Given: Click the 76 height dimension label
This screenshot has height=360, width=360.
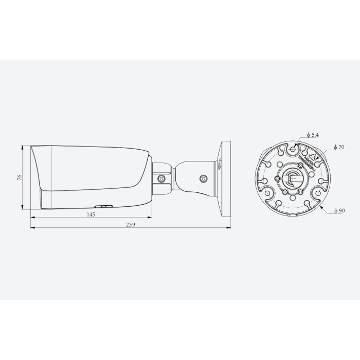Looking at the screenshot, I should [x=19, y=177].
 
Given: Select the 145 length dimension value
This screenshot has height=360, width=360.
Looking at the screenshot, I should [x=91, y=214].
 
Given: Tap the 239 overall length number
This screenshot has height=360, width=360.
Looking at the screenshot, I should [x=130, y=225].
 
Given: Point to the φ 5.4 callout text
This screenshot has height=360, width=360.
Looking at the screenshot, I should [x=312, y=135].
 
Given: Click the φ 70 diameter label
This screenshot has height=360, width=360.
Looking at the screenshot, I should [x=338, y=147].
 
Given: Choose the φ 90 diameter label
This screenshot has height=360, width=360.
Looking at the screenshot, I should [x=338, y=211].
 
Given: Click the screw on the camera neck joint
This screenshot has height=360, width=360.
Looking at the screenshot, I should [x=161, y=178].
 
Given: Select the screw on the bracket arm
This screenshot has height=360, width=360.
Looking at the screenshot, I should [x=203, y=179].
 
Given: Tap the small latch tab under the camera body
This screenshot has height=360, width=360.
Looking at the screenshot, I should [x=106, y=205].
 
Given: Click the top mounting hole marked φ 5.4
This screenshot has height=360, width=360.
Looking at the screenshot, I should [x=293, y=149].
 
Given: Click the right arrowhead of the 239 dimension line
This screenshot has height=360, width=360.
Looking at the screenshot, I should [x=229, y=226].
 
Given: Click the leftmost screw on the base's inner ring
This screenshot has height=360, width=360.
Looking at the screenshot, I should [x=277, y=178].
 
